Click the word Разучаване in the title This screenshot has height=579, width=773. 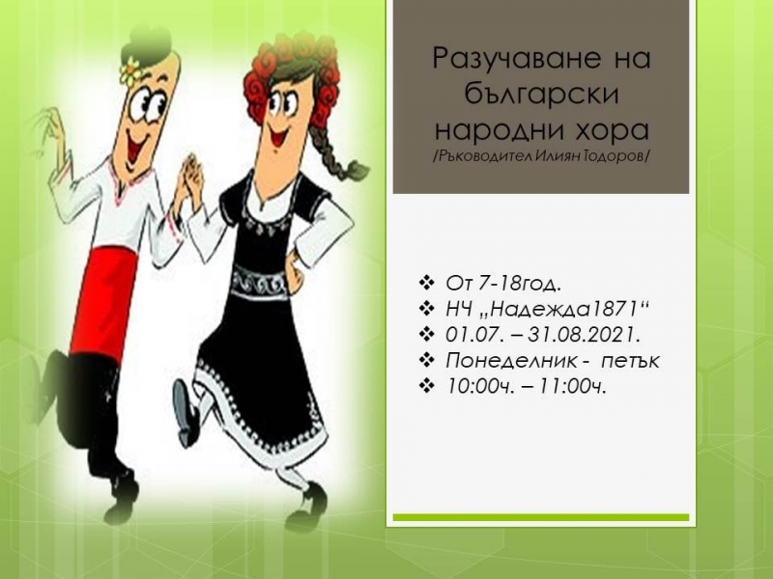click(517, 59)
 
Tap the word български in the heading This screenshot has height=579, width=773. click(541, 94)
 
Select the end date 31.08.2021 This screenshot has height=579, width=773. click(584, 335)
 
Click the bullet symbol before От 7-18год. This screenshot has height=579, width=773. click(426, 283)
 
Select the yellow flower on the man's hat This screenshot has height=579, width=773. click(130, 70)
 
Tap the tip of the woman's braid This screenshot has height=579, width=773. click(359, 171)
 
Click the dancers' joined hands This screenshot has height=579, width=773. click(189, 178)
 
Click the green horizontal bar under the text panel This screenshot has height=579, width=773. click(541, 517)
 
